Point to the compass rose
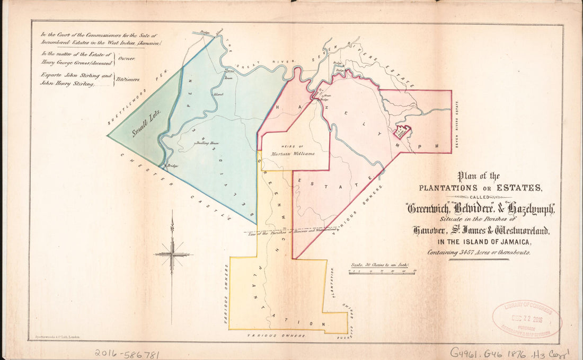pos(172,254)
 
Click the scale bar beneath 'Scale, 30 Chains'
pos(382,271)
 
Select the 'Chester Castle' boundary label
pos(175,186)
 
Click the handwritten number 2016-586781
pos(127,354)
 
